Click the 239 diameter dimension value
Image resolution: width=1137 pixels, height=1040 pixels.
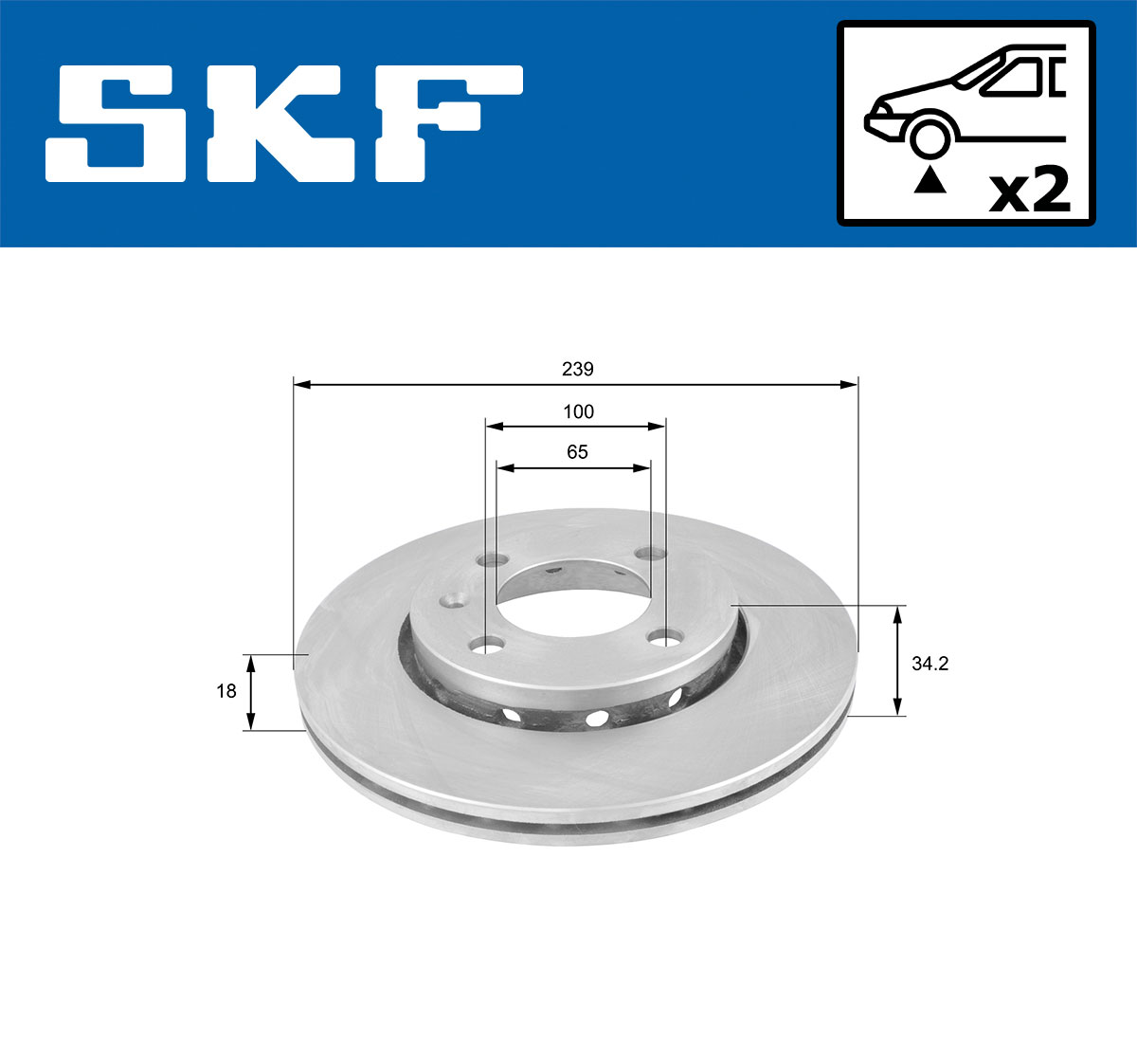point(577,369)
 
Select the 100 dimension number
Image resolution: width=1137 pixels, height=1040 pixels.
point(578,411)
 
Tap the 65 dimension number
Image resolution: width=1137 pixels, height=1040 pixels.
point(577,452)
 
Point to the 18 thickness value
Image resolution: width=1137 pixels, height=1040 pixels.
point(226,691)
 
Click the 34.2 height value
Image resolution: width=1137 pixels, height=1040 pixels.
point(929,664)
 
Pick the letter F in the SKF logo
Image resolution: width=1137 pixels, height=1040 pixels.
point(445,123)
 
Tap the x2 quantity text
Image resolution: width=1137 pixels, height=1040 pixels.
point(1029,192)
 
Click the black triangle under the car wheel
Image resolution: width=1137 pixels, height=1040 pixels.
point(929,179)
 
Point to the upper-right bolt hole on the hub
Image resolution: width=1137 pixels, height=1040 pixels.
point(649,554)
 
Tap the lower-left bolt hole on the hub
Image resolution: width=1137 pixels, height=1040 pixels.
point(487,646)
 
